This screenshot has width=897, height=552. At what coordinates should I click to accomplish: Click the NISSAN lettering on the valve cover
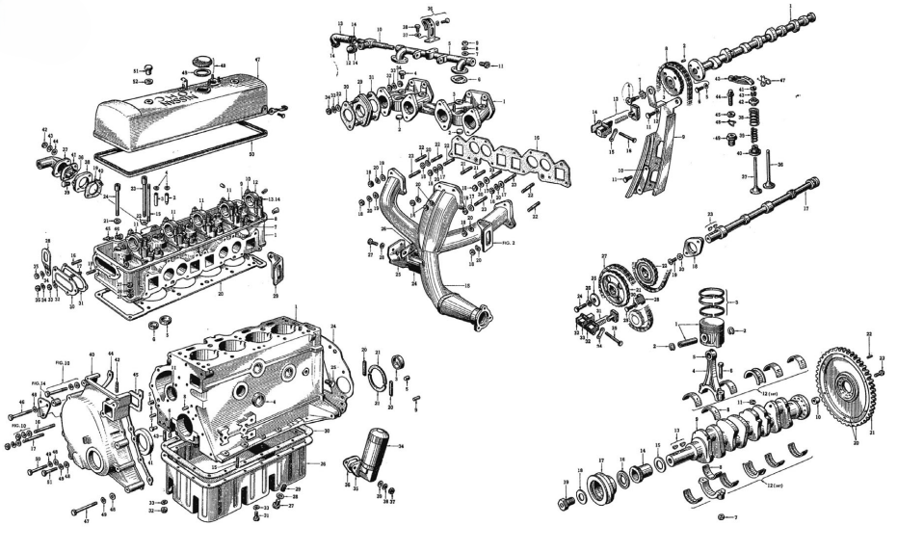click(x=183, y=97)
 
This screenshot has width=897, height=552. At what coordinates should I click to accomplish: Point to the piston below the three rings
click(x=716, y=333)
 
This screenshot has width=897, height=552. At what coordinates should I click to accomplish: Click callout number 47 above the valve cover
click(x=258, y=61)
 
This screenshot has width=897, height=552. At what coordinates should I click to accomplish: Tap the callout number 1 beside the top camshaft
click(x=790, y=10)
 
